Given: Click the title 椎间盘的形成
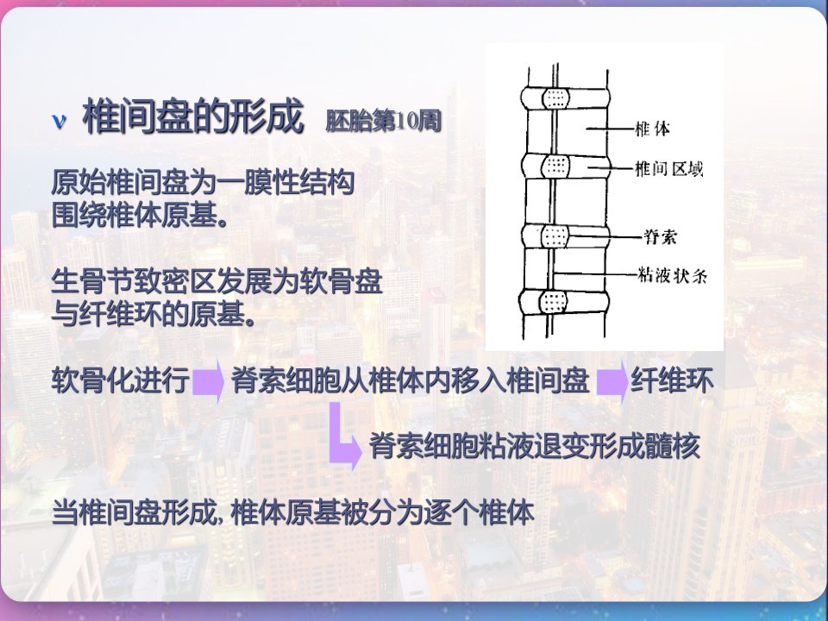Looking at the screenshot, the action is (x=192, y=116).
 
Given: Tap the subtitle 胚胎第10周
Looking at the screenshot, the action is (x=383, y=121).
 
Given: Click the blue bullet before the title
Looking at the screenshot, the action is (x=60, y=121).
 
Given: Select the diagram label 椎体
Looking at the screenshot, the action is (x=652, y=129).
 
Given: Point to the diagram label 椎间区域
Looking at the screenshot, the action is (x=668, y=169).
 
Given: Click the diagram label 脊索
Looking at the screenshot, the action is (x=660, y=236).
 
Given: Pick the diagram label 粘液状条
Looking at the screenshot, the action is (x=672, y=275).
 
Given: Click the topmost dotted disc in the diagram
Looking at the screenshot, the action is (x=555, y=98).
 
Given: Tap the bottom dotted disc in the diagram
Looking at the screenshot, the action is (x=554, y=303).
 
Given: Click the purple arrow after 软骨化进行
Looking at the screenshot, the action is (x=208, y=381).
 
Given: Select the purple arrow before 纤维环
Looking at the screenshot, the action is (x=612, y=381).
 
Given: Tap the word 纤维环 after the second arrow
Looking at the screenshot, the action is (x=672, y=380).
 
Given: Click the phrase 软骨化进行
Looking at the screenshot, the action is (x=121, y=380).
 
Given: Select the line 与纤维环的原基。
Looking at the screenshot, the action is (x=154, y=314).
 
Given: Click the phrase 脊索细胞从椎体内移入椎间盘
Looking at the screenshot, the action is (x=411, y=380).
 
